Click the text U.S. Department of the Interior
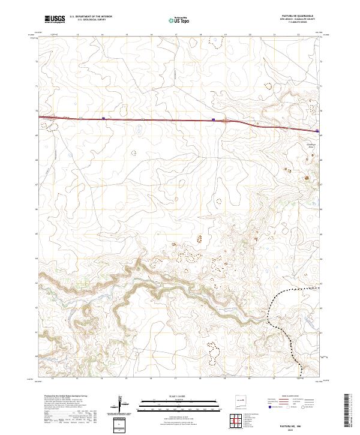pyautogui.click(x=89, y=17)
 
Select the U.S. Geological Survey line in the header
pyautogui.click(x=87, y=20)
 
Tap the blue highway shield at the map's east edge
pyautogui.click(x=317, y=130)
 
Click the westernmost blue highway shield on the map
pyautogui.click(x=103, y=118)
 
